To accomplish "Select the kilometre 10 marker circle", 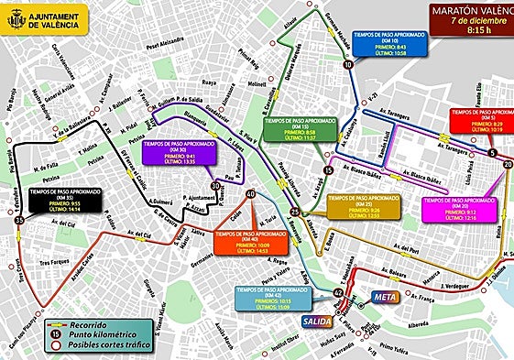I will tap(347, 65).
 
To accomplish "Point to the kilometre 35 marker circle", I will tap(19, 220).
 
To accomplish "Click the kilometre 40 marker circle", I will tap(250, 194).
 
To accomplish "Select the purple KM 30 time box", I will tap(179, 153).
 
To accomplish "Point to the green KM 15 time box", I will tap(299, 128).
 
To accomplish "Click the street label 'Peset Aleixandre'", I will tap(166, 43).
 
